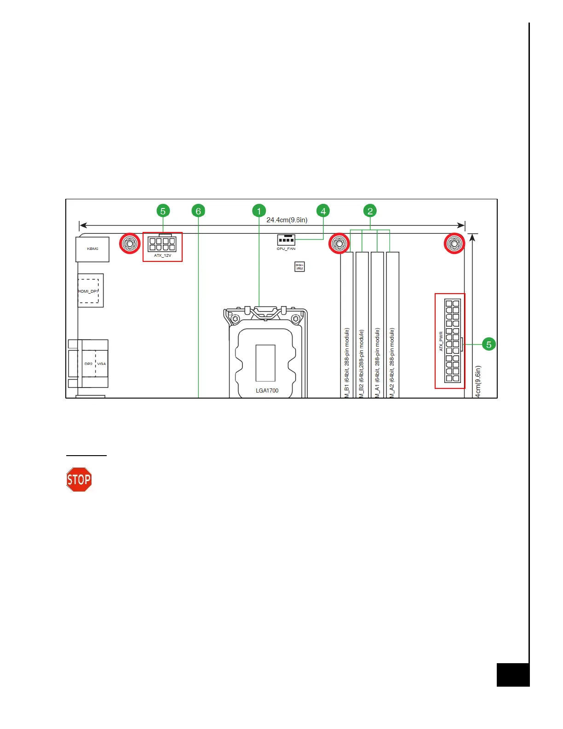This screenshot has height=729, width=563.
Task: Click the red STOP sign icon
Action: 79,480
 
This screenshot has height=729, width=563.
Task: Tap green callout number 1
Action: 259,211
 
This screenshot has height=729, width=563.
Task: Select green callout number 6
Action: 198,211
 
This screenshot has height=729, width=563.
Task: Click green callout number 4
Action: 323,211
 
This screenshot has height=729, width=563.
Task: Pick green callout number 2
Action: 370,211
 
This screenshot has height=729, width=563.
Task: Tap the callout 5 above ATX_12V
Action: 163,211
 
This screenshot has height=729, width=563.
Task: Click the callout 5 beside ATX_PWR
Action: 488,344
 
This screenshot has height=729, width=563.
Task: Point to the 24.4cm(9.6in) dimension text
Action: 287,220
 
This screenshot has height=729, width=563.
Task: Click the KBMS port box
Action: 92,249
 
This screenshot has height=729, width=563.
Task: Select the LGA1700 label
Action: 267,391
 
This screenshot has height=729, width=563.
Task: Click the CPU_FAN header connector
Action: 286,240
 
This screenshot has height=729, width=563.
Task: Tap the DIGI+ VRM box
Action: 299,266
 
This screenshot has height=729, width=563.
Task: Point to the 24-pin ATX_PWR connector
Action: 452,341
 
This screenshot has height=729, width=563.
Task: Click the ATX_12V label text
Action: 162,255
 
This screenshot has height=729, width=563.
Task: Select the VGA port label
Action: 102,364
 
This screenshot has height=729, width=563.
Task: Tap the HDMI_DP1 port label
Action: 88,291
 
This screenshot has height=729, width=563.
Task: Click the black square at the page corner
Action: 513,675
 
